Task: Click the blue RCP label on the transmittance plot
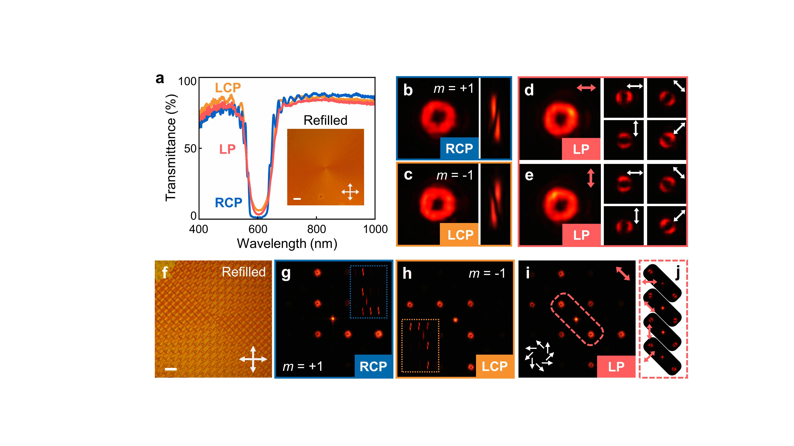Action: (x=228, y=203)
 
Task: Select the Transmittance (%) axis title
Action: (x=171, y=148)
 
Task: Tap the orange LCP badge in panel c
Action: (x=460, y=235)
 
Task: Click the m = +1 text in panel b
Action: (x=453, y=89)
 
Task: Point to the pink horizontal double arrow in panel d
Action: (x=586, y=88)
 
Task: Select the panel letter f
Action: (x=165, y=273)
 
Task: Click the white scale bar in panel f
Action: (x=171, y=368)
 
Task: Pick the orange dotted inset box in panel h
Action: (x=420, y=345)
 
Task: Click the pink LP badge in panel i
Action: (x=616, y=366)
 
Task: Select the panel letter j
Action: (x=677, y=273)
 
